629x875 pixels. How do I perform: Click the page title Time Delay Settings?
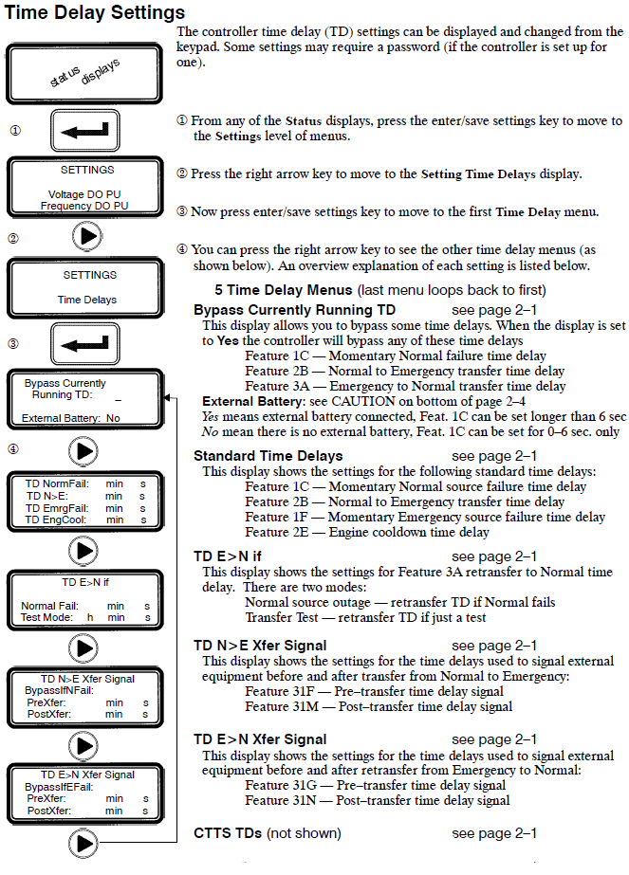95,12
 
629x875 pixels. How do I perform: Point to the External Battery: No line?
71,418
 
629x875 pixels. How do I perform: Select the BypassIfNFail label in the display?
60,691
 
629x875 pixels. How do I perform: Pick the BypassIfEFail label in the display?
60,787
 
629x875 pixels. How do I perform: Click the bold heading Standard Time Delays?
268,456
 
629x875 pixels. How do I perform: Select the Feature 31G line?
375,786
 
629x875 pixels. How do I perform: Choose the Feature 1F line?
424,517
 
